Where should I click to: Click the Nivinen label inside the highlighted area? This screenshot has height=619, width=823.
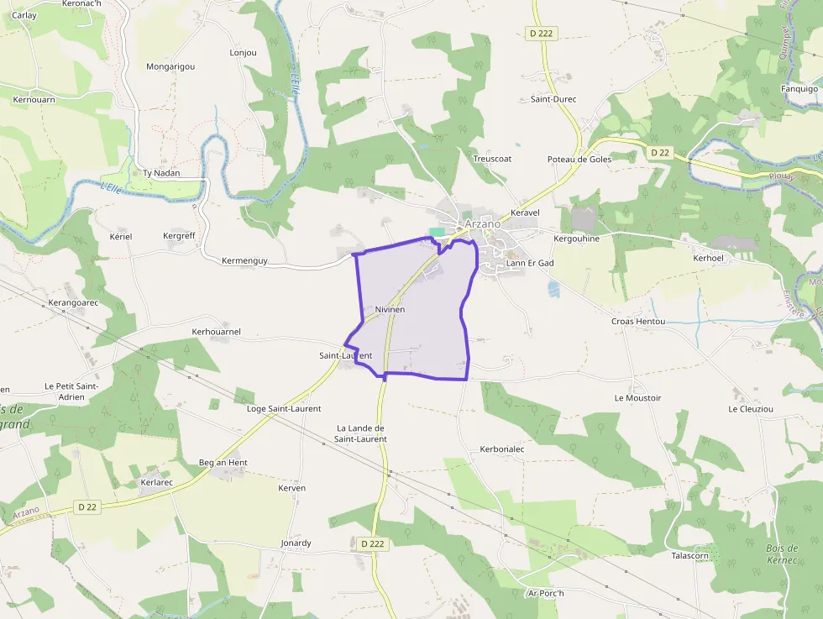coord(390,310)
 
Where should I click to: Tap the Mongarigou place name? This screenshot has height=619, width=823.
coord(170,66)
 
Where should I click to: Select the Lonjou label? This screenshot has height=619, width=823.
coord(244,52)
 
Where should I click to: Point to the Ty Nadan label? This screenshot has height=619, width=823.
coord(162,173)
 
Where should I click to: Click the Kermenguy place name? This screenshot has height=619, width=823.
coord(244,260)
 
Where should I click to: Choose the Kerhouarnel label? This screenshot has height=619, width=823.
coord(217,332)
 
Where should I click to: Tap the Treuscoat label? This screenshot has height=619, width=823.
coord(493,158)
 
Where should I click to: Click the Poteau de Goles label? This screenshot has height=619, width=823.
coord(579,159)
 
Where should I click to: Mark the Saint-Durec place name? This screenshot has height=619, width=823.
coord(553,99)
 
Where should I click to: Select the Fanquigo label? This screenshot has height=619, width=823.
coord(799,88)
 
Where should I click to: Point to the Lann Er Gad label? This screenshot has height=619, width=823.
coord(531,263)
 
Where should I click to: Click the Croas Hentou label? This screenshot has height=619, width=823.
coord(638,322)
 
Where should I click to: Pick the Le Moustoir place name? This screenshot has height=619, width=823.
coord(638,398)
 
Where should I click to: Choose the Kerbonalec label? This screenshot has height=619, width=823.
coord(502,449)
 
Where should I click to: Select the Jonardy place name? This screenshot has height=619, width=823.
coord(296,543)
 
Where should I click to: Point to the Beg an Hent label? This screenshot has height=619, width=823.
coord(223,463)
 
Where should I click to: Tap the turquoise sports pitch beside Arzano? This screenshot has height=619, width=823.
coord(438,232)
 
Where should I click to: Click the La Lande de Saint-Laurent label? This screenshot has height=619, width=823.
coord(361,433)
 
